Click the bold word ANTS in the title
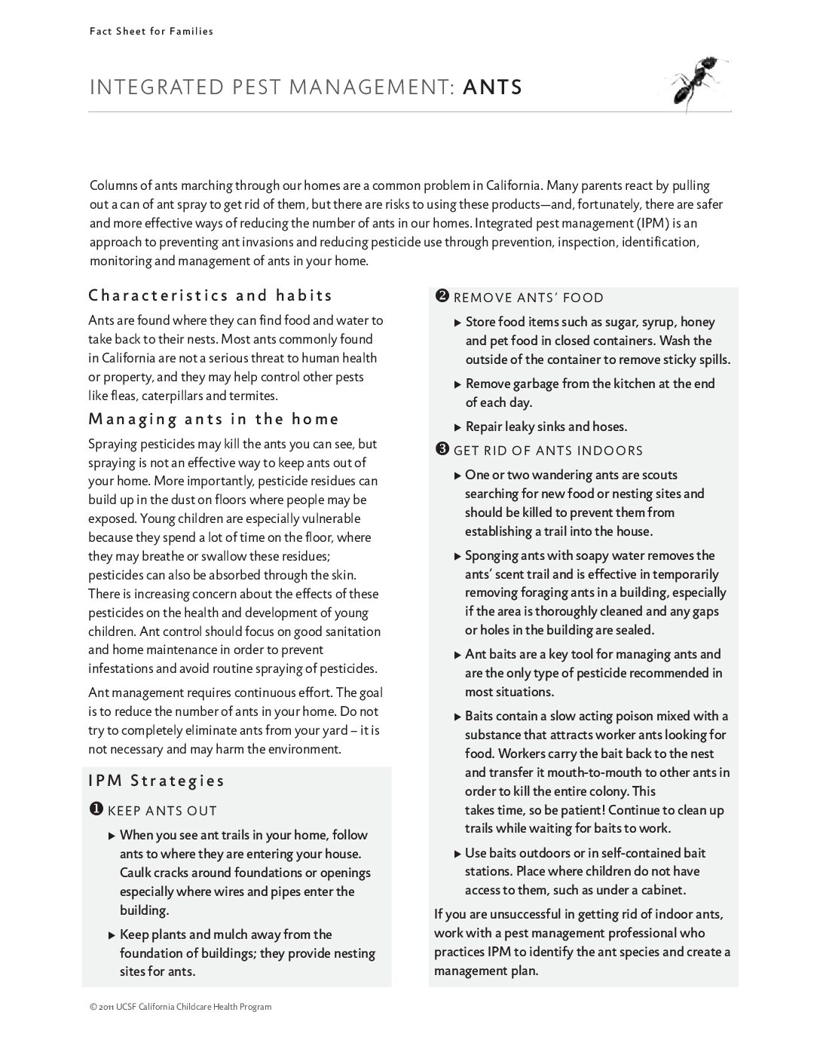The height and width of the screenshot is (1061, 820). [492, 87]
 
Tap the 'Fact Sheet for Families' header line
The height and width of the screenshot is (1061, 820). [151, 32]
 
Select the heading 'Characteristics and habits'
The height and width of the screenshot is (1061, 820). [210, 295]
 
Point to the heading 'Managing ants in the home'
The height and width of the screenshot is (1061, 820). [214, 419]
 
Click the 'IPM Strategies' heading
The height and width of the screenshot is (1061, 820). [157, 781]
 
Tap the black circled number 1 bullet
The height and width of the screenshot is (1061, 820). [96, 809]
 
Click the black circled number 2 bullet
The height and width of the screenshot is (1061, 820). [442, 296]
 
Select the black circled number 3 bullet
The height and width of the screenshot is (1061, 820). [442, 450]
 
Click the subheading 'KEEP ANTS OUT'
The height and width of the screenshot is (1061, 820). [162, 811]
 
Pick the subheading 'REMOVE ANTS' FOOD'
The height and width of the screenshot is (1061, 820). [528, 298]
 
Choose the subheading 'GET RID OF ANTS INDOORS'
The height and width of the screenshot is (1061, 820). [548, 451]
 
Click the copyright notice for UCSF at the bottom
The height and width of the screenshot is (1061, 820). [180, 1007]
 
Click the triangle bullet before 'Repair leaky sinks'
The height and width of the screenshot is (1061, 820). [457, 427]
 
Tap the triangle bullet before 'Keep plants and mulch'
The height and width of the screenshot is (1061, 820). [112, 935]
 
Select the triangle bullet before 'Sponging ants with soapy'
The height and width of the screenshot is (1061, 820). [457, 556]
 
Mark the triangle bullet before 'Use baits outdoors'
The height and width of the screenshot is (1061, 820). [457, 854]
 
